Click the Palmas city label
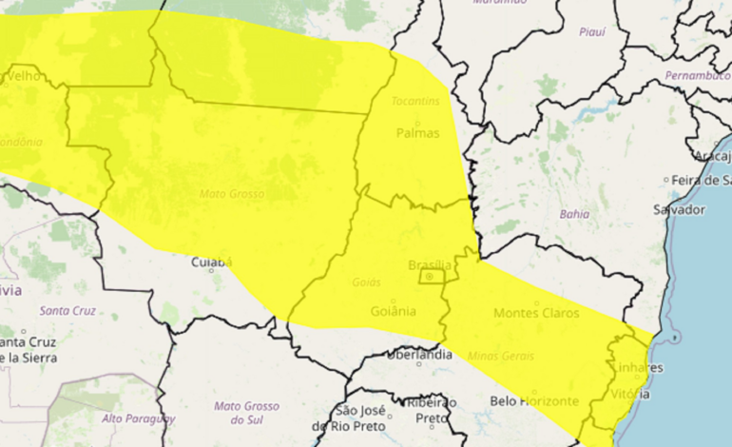pos(417,132)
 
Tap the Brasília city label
pos(429,263)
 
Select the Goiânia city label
pos(392,311)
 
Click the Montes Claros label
pos(536,312)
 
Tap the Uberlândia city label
pos(419,355)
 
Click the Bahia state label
pos(574,215)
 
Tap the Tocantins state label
pos(415,101)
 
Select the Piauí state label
pos(591,31)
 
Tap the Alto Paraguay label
pos(139,418)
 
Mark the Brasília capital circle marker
pos(429,277)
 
